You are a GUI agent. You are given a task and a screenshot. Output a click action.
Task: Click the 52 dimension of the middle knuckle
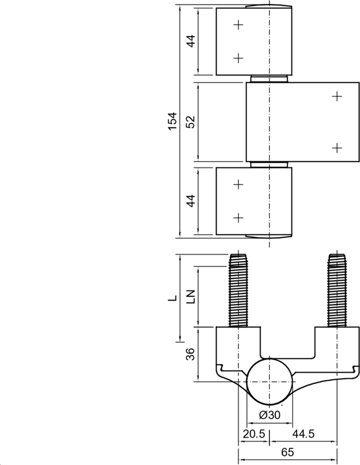coord(190,121)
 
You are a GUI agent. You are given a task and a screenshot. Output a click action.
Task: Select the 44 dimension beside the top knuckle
coord(190,42)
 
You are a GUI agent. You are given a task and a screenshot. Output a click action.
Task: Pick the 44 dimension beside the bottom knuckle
coord(190,201)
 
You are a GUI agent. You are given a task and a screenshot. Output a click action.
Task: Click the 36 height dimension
coord(190,354)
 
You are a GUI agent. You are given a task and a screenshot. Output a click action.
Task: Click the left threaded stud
coord(238,291)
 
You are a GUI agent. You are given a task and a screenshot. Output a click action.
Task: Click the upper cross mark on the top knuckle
coord(237,24)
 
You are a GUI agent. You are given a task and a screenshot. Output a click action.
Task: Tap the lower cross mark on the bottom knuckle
coord(237,217)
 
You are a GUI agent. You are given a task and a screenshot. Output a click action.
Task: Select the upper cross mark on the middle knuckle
coord(337,96)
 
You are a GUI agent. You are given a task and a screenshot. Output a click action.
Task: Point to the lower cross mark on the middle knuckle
coord(337,148)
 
